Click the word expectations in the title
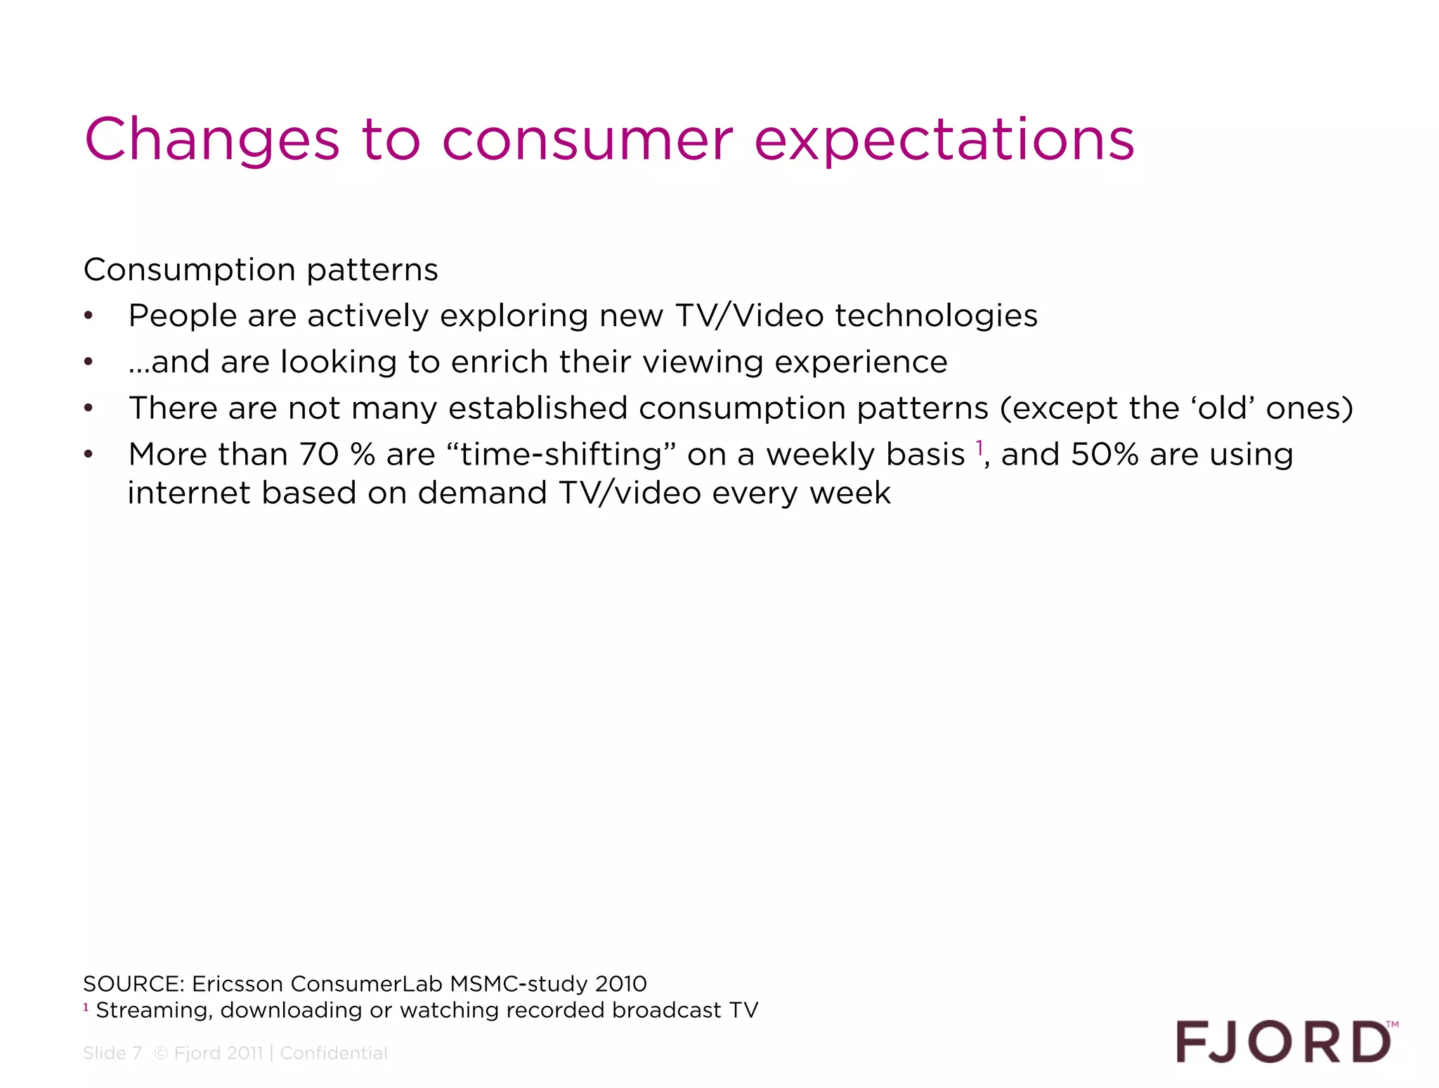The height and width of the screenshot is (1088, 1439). click(x=944, y=141)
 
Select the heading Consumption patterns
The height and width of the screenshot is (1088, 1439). click(x=261, y=270)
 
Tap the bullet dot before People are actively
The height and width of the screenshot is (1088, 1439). click(x=89, y=316)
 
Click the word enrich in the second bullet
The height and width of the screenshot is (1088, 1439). click(x=499, y=362)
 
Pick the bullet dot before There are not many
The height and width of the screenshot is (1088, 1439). click(x=89, y=408)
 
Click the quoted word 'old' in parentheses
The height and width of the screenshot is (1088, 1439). click(x=1223, y=408)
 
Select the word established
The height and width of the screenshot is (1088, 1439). click(x=538, y=408)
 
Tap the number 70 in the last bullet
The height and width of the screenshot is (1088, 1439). click(x=319, y=455)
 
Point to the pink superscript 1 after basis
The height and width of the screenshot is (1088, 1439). click(x=979, y=447)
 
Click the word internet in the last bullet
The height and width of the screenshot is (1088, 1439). click(x=189, y=493)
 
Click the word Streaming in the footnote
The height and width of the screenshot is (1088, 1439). click(x=154, y=1010)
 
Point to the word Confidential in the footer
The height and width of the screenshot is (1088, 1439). click(x=333, y=1053)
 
